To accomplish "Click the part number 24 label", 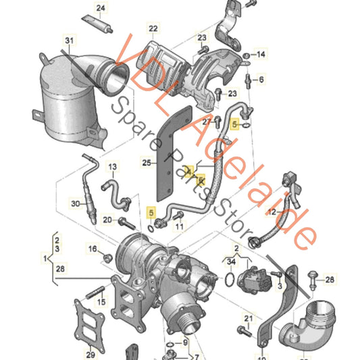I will point(100,9).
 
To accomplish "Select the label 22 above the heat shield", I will point(153,28).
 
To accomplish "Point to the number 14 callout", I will point(261,54).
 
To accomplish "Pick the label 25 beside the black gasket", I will point(147,162).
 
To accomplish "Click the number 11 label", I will point(180,226).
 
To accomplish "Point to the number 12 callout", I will point(272,212).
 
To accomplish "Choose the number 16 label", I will point(93,250).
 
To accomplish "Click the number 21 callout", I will point(248,318).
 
